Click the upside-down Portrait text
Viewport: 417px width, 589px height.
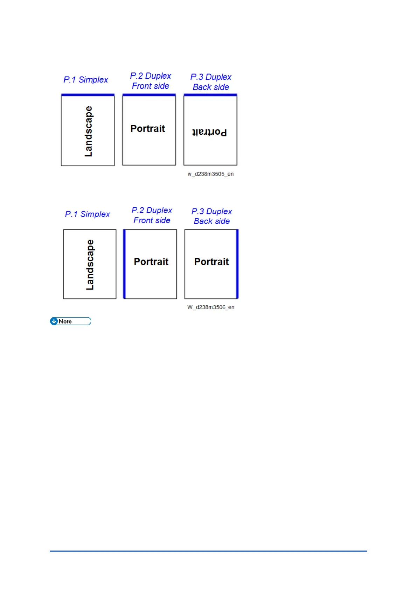click(209, 132)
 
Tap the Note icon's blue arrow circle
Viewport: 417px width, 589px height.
click(54, 321)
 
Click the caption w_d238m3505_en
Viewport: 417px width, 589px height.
click(210, 174)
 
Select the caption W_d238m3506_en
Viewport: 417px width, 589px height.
click(211, 307)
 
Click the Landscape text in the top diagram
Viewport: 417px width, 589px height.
click(89, 132)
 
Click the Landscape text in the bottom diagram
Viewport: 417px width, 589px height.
click(90, 265)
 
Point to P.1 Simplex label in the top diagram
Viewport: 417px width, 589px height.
click(86, 80)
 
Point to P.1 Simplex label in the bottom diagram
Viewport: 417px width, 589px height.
click(88, 214)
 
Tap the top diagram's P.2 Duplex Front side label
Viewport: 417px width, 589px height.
click(151, 81)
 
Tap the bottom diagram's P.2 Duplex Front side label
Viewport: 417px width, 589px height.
click(152, 215)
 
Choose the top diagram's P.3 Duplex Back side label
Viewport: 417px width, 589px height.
click(211, 82)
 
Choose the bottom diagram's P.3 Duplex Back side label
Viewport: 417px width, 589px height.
click(212, 216)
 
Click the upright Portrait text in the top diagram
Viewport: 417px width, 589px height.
click(148, 129)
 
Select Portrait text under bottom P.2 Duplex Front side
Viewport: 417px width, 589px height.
click(151, 262)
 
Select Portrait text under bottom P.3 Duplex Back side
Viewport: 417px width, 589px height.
click(211, 262)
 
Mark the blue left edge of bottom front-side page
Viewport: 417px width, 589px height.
click(124, 264)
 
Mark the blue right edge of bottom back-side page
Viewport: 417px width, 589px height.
click(237, 264)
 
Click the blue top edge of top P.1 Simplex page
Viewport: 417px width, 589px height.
click(88, 95)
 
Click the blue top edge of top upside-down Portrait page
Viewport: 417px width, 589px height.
click(210, 95)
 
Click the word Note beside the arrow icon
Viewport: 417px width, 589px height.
click(65, 321)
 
